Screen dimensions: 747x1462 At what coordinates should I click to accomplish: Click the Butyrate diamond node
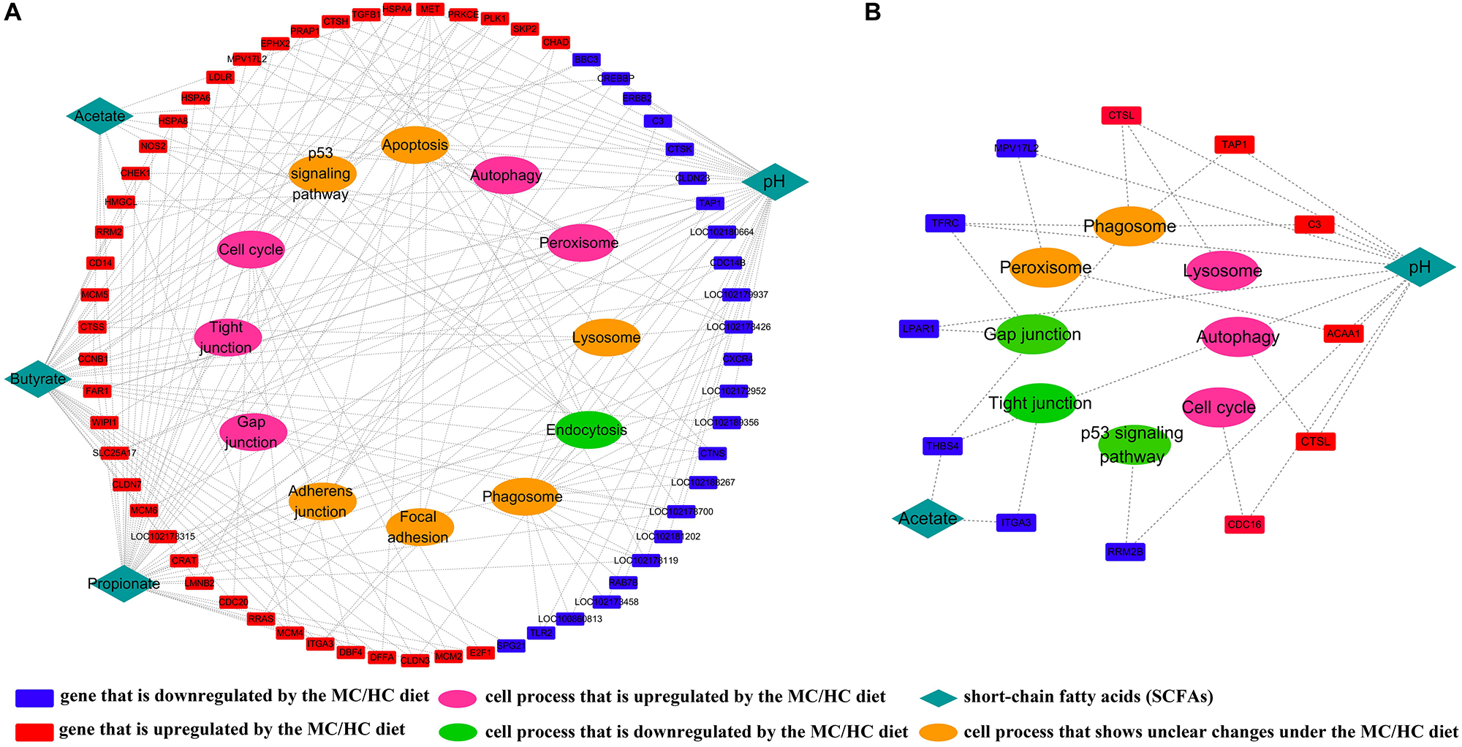38,379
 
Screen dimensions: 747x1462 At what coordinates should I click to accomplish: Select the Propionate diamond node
124,583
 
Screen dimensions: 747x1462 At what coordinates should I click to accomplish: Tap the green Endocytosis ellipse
588,430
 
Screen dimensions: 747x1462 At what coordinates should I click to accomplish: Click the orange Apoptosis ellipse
414,145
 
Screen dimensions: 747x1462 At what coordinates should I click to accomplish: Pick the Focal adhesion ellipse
419,527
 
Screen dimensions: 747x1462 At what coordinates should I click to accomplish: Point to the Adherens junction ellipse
322,501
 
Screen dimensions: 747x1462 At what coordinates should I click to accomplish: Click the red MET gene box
430,10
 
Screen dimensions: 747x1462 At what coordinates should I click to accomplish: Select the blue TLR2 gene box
541,633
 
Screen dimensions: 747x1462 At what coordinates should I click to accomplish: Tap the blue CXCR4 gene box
737,359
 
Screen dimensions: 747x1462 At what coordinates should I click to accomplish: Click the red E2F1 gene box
480,653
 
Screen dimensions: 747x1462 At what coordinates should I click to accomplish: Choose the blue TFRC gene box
944,224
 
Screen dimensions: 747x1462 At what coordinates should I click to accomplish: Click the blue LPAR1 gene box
919,329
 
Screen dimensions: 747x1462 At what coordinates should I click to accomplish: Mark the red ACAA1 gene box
1344,334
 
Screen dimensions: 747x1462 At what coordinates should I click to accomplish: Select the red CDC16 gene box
1244,524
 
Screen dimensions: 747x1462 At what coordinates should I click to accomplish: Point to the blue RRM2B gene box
1125,552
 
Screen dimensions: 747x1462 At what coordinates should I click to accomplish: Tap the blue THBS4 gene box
942,446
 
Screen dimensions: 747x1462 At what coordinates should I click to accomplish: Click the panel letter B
873,12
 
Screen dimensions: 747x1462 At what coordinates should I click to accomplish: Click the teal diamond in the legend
939,697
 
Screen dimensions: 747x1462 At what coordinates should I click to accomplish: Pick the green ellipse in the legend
458,732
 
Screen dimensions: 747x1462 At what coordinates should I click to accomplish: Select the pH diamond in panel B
1420,267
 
